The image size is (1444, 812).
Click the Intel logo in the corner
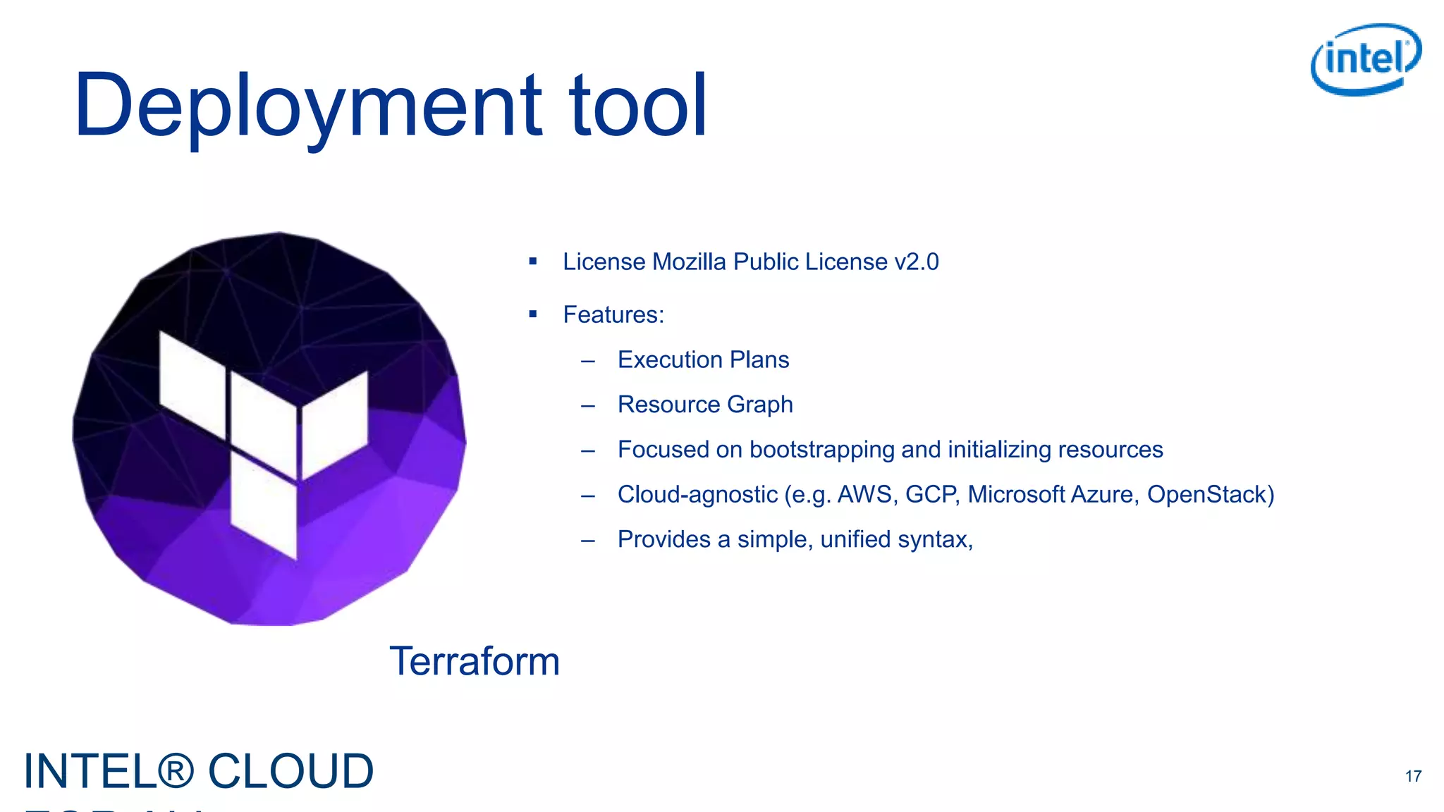click(x=1366, y=59)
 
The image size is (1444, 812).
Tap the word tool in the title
click(x=637, y=106)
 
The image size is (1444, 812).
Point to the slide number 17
click(x=1413, y=776)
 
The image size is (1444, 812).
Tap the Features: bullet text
click(x=613, y=314)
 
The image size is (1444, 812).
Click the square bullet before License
click(x=533, y=262)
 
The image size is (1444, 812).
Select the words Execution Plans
click(x=703, y=359)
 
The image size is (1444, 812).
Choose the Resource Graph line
click(x=705, y=405)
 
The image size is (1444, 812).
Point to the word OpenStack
click(x=1210, y=494)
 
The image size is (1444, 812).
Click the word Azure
click(x=1104, y=494)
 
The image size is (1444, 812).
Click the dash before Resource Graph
click(x=588, y=406)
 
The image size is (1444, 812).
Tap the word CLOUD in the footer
click(x=290, y=771)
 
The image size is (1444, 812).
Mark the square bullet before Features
click(x=533, y=314)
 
